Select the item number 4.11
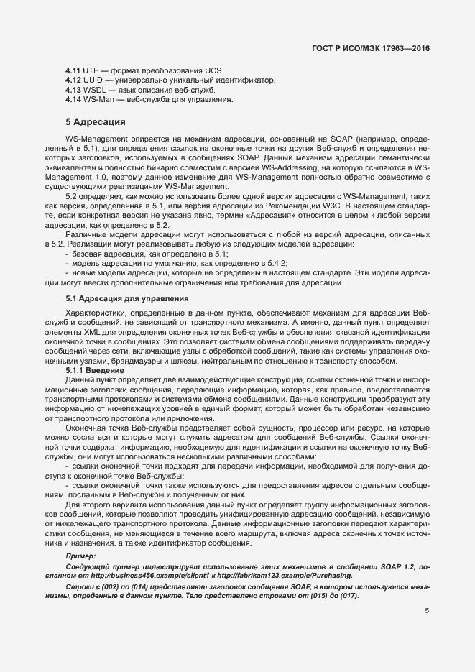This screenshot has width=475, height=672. tap(73, 70)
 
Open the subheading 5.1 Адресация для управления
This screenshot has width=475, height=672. tap(127, 298)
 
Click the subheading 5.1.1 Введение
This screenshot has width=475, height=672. tap(95, 369)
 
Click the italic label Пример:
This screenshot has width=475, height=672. tap(80, 556)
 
